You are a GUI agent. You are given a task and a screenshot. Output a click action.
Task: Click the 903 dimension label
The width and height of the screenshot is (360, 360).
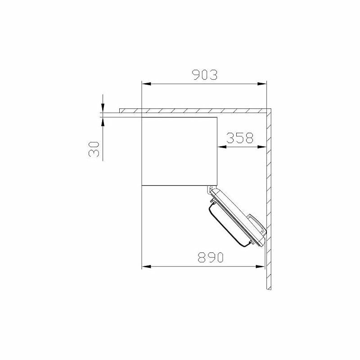coord(205,75)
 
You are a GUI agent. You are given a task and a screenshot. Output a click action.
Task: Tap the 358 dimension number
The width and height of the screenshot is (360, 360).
coord(240,138)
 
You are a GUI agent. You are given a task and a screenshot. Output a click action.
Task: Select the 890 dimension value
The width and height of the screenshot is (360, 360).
coord(210,257)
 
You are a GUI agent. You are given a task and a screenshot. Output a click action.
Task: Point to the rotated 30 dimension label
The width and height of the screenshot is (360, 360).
coord(94,149)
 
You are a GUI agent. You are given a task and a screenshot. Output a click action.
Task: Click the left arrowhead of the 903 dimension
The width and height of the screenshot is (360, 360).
coord(146,84)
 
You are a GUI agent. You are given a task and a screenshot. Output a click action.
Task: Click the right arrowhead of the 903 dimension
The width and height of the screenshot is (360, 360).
coord(262,84)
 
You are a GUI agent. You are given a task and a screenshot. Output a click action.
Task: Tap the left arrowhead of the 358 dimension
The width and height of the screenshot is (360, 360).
coord(222,147)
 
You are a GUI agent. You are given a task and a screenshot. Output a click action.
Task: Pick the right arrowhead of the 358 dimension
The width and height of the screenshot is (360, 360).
coord(262,147)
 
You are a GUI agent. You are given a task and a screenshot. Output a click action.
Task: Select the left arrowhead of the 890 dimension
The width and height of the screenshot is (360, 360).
coord(146,266)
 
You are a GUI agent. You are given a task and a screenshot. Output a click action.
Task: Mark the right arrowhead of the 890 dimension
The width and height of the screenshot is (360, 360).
coord(260,266)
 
